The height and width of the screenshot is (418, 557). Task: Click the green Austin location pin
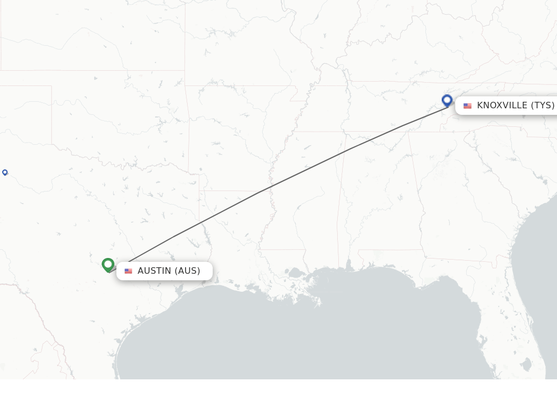(x=108, y=265)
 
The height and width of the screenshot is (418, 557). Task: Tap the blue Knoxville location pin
(x=447, y=100)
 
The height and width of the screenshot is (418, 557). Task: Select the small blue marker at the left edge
(x=5, y=173)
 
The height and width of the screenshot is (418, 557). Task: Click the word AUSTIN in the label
(x=154, y=271)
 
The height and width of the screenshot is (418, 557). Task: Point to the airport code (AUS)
(x=187, y=271)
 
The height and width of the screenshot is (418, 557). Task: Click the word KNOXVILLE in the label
(x=502, y=105)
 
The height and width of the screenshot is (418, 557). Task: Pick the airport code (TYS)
(x=542, y=105)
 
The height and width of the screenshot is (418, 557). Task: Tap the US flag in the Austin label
(x=128, y=271)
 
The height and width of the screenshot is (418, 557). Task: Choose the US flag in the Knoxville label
(x=467, y=106)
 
